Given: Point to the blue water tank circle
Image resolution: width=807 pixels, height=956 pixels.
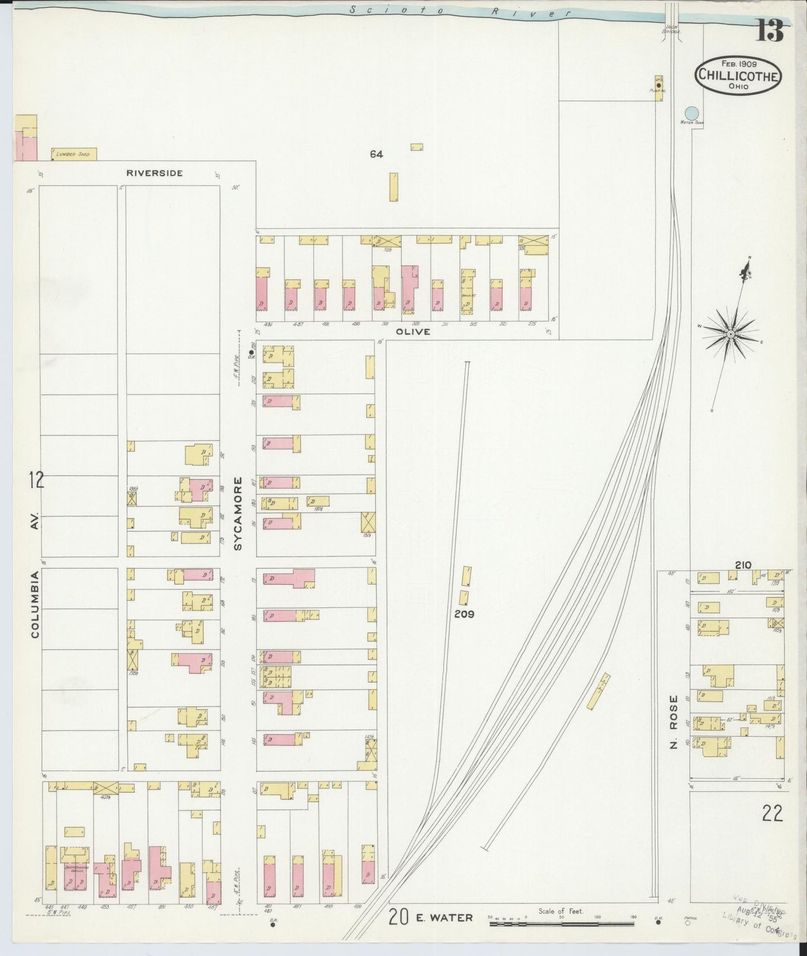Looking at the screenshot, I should tap(691, 112).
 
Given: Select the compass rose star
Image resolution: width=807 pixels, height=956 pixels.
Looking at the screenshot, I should tap(730, 334).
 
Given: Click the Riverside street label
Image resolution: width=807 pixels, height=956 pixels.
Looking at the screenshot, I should tap(154, 173).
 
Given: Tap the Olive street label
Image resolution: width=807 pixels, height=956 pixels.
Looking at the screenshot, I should tap(414, 332).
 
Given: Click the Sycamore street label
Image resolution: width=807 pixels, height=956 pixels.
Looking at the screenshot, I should tap(238, 513).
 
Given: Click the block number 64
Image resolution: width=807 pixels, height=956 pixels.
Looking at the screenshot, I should tap(376, 154).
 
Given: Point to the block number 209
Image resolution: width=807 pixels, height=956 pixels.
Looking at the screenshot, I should tap(464, 613).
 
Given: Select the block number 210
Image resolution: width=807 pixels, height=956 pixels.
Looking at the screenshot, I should tap(743, 565).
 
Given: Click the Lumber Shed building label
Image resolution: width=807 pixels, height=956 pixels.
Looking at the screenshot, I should tap(74, 154).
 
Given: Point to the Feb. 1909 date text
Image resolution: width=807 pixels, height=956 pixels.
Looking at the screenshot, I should tap(738, 64).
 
